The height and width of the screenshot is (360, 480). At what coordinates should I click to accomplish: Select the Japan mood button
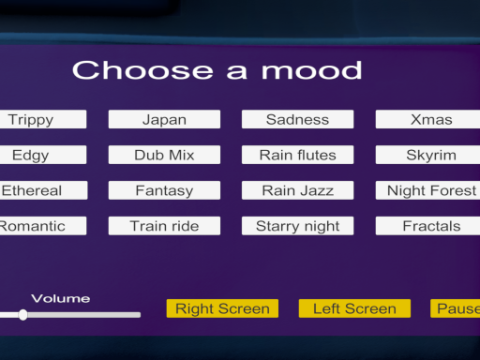pyautogui.click(x=164, y=119)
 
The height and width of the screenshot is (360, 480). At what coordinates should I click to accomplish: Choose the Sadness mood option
pyautogui.click(x=297, y=119)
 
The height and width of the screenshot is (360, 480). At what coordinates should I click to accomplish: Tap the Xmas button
pyautogui.click(x=429, y=119)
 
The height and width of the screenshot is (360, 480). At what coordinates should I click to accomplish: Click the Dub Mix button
pyautogui.click(x=164, y=155)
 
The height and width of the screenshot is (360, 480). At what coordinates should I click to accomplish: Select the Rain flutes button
pyautogui.click(x=297, y=155)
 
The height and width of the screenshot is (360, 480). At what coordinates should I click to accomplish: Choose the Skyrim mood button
pyautogui.click(x=429, y=155)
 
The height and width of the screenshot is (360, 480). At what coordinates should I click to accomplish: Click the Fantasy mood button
pyautogui.click(x=164, y=190)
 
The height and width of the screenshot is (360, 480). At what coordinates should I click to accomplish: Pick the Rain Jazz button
pyautogui.click(x=297, y=190)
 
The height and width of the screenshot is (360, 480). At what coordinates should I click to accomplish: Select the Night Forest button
pyautogui.click(x=429, y=190)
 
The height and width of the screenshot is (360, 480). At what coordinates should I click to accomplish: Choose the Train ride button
pyautogui.click(x=164, y=226)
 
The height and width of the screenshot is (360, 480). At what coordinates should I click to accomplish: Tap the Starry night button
pyautogui.click(x=297, y=226)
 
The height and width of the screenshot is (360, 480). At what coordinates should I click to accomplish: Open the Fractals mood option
pyautogui.click(x=429, y=226)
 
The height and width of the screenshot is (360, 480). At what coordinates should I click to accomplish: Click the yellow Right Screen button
pyautogui.click(x=222, y=308)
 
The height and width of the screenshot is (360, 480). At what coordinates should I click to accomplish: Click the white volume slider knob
pyautogui.click(x=22, y=315)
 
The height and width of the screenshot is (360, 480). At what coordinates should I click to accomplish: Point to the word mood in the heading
pyautogui.click(x=311, y=70)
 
